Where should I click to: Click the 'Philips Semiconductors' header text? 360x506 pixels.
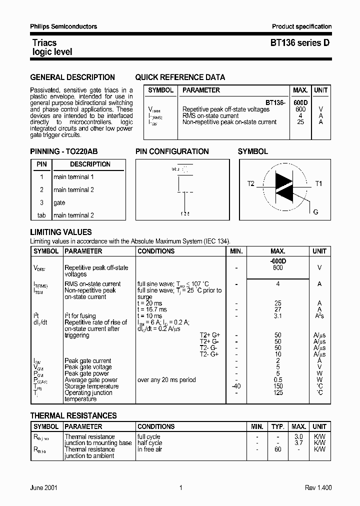click(63, 26)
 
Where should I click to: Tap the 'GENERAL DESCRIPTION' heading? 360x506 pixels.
click(72, 77)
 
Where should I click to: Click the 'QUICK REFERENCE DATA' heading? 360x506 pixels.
click(180, 77)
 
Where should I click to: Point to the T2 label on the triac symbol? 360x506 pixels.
click(251, 184)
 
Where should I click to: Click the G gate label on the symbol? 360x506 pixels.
click(315, 212)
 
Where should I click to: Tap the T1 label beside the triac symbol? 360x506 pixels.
click(318, 184)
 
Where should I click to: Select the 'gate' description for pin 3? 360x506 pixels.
click(59, 202)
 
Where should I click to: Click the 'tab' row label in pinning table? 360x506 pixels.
click(41, 215)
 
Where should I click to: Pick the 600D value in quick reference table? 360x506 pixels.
click(300, 102)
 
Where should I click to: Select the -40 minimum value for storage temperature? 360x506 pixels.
click(236, 386)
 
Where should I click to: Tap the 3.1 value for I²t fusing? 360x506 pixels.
click(278, 316)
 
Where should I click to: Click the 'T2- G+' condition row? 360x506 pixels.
click(209, 354)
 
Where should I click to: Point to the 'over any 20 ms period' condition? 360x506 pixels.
click(166, 380)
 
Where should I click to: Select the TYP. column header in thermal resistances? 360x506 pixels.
click(277, 426)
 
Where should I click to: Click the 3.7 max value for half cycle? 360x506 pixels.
click(298, 443)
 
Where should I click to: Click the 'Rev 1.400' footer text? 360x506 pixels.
click(318, 488)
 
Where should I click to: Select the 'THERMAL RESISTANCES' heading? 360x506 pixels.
click(73, 415)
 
